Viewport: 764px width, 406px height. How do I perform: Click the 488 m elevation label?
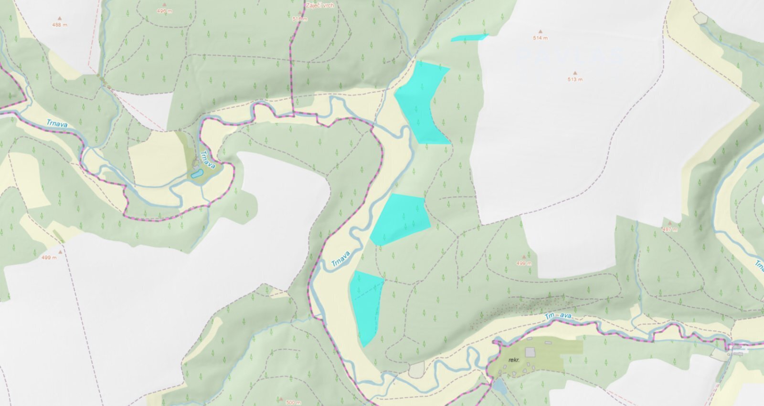(x=60, y=25)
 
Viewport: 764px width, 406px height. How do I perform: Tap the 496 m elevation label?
(x=164, y=11)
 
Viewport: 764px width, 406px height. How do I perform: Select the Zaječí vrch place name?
(x=320, y=6)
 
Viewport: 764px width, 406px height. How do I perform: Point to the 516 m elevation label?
(x=300, y=19)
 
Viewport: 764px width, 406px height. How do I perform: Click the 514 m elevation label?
(x=541, y=38)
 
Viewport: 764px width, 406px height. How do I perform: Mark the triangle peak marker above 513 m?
(x=575, y=73)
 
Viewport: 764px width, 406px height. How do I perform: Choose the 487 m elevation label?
(x=670, y=229)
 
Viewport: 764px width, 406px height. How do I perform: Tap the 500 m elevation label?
(x=293, y=403)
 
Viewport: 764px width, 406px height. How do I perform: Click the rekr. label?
(x=514, y=360)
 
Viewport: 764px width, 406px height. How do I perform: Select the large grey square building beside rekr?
(x=530, y=352)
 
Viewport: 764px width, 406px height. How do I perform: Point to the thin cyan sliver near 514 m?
(x=469, y=37)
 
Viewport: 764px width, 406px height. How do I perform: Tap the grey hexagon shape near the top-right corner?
(x=701, y=18)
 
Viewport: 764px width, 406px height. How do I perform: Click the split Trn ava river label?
(x=558, y=316)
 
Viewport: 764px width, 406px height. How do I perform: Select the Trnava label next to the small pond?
(x=207, y=159)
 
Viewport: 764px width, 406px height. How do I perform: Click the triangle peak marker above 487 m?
(x=670, y=223)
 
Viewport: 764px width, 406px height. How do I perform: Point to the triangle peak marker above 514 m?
(x=541, y=31)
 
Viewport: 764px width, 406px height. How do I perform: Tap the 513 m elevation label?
(x=575, y=80)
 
